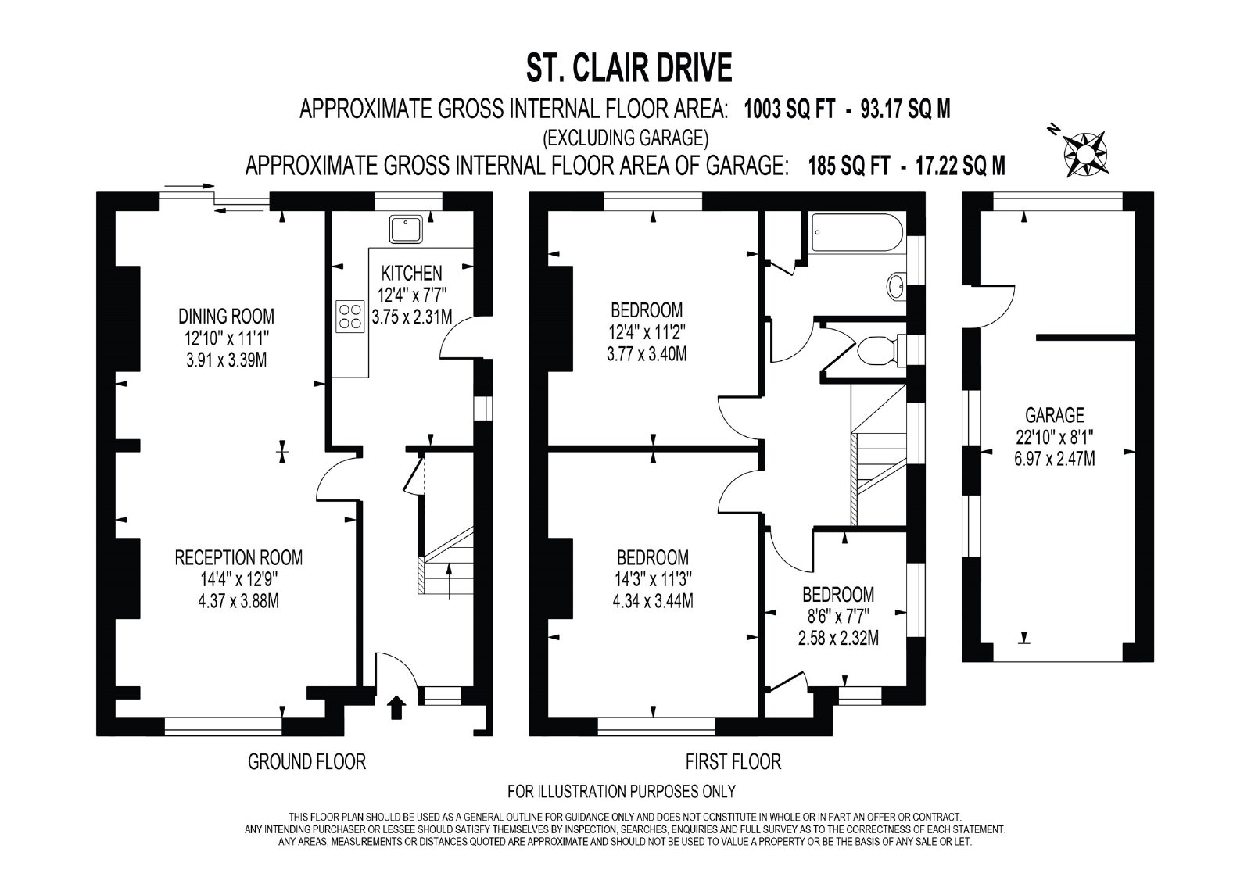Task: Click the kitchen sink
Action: [406, 229]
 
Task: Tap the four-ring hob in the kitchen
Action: [350, 317]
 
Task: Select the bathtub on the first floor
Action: [856, 232]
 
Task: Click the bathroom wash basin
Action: [896, 287]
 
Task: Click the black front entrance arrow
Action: [396, 707]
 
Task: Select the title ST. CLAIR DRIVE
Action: [629, 69]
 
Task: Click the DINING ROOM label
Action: [226, 317]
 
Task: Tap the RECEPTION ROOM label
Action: [238, 557]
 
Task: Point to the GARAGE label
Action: [1055, 415]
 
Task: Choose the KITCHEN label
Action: [411, 273]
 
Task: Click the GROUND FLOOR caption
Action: [306, 762]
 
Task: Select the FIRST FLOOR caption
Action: [733, 762]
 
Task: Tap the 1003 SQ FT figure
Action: [789, 109]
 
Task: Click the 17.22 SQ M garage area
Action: [961, 166]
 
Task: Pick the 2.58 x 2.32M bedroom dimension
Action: [838, 638]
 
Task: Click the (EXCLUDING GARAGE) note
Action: [625, 138]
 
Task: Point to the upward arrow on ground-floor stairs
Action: [449, 582]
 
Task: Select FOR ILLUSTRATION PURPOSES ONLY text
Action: [621, 791]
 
